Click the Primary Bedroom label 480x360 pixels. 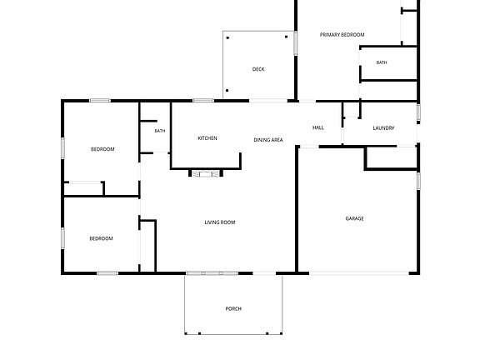[342, 35]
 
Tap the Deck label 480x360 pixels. [258, 69]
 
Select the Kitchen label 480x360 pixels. [207, 138]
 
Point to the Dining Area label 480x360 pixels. [268, 140]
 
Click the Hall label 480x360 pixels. [318, 127]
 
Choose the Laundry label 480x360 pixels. [383, 128]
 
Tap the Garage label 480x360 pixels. [354, 218]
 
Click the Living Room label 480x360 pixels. [220, 222]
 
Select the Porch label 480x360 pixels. [233, 308]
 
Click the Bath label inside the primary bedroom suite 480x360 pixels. [382, 62]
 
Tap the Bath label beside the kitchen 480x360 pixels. [160, 131]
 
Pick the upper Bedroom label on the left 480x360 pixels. [102, 149]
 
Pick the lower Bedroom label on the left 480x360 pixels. [101, 238]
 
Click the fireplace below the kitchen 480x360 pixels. [206, 173]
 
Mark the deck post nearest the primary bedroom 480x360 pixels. [286, 37]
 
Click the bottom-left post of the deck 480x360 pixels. [227, 91]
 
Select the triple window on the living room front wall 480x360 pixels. [212, 273]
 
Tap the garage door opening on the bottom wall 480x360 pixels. [359, 273]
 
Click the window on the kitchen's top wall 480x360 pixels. [203, 100]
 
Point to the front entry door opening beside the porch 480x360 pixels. [264, 273]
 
